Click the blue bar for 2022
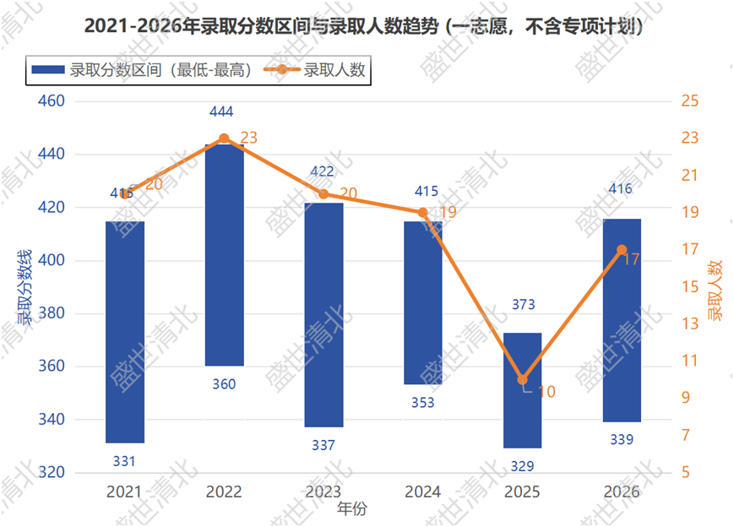pos(224,255)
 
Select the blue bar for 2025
pos(522,390)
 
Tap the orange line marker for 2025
pos(522,379)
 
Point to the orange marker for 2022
pos(224,139)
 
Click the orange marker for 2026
pos(622,250)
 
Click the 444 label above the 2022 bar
pos(221,111)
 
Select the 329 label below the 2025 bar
pos(522,466)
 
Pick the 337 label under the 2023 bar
pos(324,445)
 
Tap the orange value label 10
pos(546,392)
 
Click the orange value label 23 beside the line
pos(248,138)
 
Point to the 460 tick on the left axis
pos(51,101)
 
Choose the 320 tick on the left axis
pos(51,472)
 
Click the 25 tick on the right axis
pos(690,101)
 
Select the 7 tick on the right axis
pos(686,435)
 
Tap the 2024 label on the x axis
pos(422,492)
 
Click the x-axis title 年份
pos(352,508)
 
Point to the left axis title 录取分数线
pos(24,287)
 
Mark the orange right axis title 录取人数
pos(715,291)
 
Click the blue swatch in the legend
pos(48,70)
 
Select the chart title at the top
pos(363,25)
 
